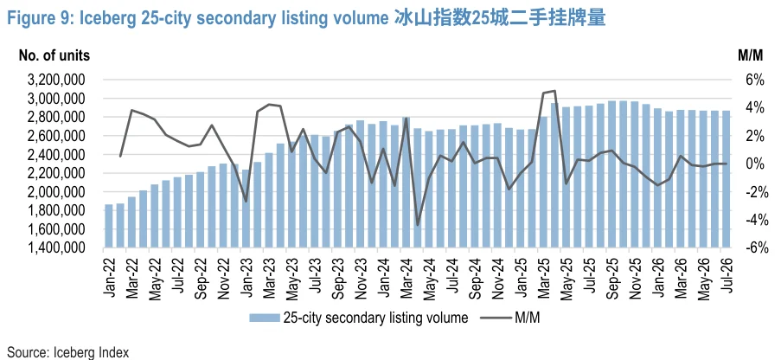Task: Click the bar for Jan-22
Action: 108,226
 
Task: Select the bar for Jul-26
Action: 726,179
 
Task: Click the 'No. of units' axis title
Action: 54,55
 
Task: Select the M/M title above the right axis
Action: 750,55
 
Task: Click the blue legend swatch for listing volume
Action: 264,318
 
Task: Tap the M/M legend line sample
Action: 496,318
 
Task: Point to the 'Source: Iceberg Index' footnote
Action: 68,352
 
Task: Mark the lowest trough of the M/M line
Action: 418,225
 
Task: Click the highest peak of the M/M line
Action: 554,91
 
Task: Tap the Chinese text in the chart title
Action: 500,18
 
